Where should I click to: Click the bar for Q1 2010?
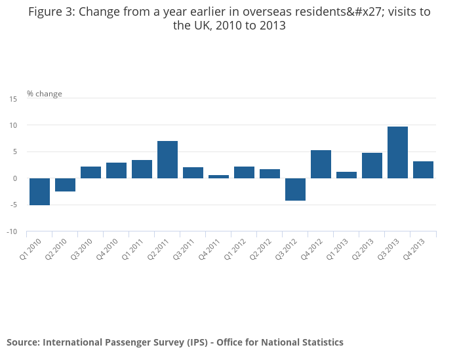[39, 191]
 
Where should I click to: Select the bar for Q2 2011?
[167, 159]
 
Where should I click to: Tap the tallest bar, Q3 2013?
[397, 152]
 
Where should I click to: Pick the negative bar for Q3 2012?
[295, 189]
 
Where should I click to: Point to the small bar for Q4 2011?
[218, 176]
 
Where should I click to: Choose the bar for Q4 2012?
[321, 164]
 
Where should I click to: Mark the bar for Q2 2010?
[65, 185]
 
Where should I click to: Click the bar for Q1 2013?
[346, 175]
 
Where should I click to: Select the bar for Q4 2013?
[423, 170]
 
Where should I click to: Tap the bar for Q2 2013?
[372, 165]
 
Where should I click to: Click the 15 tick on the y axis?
[13, 98]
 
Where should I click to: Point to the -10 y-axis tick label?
[12, 231]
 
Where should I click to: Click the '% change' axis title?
[45, 94]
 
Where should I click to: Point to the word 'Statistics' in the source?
[319, 342]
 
